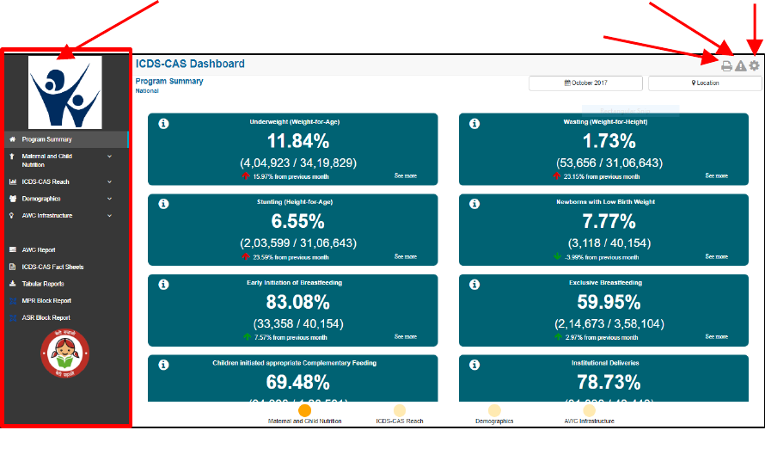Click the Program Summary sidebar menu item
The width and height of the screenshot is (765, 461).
click(47, 139)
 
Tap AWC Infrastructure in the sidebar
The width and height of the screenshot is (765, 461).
click(47, 216)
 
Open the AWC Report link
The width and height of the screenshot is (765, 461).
click(39, 250)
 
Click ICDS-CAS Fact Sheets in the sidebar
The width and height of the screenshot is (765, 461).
click(52, 267)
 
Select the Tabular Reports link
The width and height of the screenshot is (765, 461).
click(43, 284)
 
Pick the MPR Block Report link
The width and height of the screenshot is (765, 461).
click(46, 301)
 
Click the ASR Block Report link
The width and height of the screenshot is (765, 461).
click(46, 317)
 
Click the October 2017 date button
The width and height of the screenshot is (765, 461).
click(585, 83)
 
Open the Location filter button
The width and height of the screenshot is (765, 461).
click(705, 83)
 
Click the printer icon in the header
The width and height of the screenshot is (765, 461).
click(726, 66)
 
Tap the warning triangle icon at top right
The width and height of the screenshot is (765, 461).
click(740, 66)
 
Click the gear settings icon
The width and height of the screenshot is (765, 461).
click(754, 65)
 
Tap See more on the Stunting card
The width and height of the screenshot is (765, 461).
click(405, 256)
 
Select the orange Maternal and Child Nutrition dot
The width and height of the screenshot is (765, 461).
click(304, 410)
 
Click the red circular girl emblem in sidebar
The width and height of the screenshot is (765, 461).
click(64, 353)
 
